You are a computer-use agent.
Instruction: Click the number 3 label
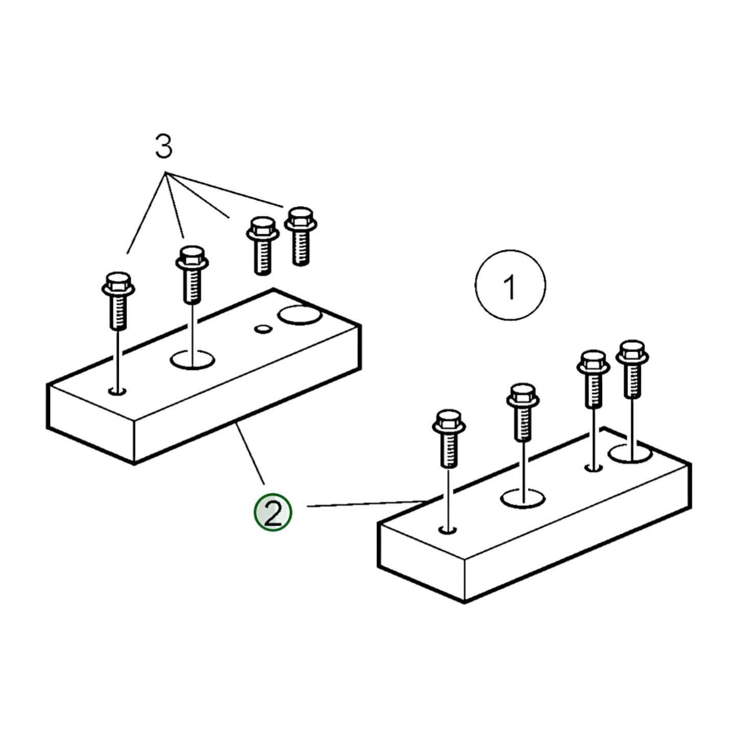point(163,146)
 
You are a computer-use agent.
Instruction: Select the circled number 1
point(510,285)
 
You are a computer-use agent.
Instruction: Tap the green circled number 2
point(273,512)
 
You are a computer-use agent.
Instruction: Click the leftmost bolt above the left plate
point(118,301)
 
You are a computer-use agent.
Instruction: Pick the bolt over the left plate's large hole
point(192,275)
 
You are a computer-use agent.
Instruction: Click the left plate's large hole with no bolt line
point(299,315)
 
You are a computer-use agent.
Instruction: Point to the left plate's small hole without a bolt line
point(263,328)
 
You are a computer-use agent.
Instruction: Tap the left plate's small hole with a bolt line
point(117,391)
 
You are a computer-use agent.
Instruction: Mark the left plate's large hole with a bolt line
point(192,361)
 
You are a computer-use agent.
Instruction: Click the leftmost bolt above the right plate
point(449,439)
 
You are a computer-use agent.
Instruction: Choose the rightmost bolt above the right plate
point(632,369)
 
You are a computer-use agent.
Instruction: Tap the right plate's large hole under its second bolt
point(523,499)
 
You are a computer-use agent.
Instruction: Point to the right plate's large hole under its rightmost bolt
point(630,454)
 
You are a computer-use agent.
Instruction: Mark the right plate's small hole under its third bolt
point(594,468)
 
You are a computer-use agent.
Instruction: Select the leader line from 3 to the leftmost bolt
point(146,213)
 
